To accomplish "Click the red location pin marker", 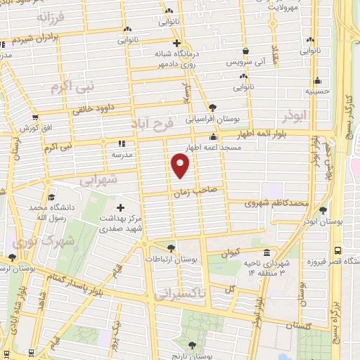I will pos(181,166).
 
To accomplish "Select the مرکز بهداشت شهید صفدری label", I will pos(120,223).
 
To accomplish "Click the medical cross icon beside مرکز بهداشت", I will pos(120,208).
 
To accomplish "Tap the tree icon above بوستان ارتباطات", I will pos(171,247).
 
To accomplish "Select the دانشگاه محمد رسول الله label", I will pos(48,214).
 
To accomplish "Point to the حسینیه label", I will pos(317,91).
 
